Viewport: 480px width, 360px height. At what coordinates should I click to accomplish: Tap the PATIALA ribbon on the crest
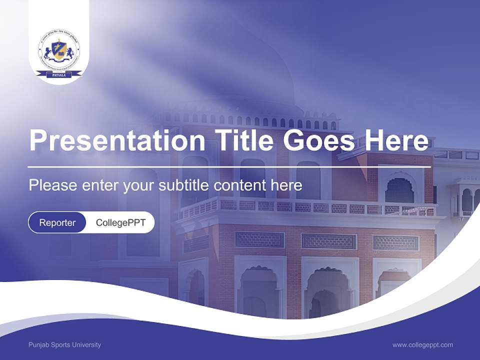point(59,74)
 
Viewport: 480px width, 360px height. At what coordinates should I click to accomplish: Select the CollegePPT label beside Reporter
point(120,222)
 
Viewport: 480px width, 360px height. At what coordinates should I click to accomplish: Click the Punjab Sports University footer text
point(64,345)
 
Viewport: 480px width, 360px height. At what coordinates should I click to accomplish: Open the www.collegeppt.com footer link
point(422,345)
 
